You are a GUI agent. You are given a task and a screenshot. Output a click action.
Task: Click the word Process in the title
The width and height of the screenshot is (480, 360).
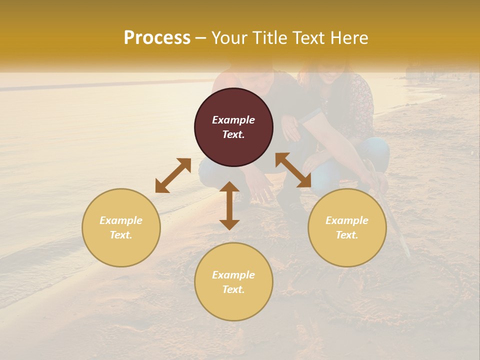(157, 38)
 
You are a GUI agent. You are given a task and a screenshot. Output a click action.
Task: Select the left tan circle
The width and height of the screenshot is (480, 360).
(121, 227)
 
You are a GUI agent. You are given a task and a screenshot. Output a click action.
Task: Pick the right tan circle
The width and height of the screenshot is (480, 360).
(347, 227)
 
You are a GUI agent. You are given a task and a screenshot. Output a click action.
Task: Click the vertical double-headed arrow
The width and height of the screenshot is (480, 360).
(229, 205)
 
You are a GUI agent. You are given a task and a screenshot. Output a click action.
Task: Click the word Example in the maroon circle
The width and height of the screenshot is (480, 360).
(233, 120)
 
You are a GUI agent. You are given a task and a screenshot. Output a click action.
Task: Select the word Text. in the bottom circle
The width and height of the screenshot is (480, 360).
(233, 289)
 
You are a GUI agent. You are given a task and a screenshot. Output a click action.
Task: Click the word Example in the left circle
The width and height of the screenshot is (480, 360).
(121, 220)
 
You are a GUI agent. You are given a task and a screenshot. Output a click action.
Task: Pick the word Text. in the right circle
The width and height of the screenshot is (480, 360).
(347, 235)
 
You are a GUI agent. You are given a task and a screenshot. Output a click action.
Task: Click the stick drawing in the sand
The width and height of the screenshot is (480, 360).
(395, 220)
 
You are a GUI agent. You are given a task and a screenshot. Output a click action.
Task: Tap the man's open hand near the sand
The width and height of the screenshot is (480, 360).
(260, 187)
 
